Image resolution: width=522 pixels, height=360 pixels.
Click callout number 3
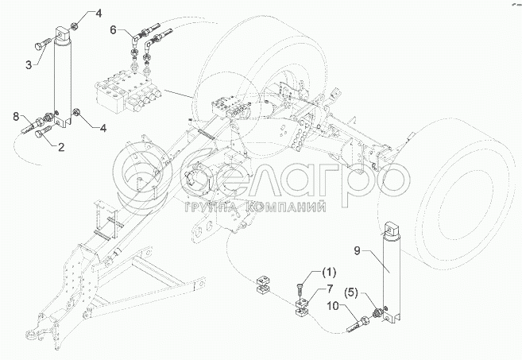29,65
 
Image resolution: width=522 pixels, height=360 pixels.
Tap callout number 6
113,30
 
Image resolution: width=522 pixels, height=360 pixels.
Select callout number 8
16,117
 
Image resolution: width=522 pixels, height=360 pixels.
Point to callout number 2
61,147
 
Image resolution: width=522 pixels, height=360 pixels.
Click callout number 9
357,251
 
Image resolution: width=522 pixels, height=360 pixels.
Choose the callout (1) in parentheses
329,273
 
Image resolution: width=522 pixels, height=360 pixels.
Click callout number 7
329,288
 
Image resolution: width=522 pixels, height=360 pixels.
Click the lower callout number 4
103,128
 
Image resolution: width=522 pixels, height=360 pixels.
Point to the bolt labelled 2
42,131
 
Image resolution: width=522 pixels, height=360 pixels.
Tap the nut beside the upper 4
75,25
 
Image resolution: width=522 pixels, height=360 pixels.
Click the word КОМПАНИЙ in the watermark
288,207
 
